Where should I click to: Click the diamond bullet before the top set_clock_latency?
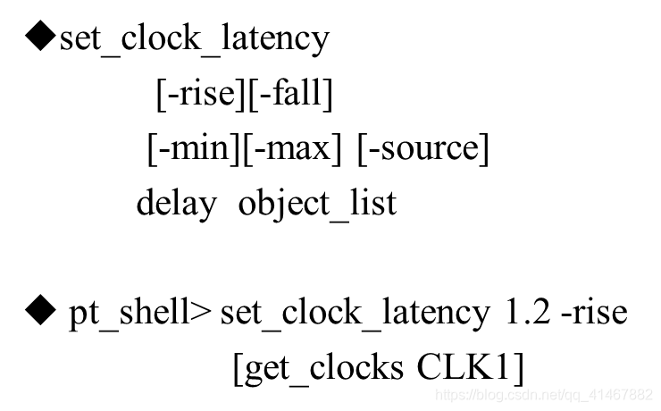tap(41, 38)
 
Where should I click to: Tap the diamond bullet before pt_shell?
tap(41, 313)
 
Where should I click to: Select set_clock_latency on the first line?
tap(194, 38)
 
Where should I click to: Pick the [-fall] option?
tap(289, 94)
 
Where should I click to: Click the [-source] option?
tap(423, 148)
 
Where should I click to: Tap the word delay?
tap(176, 204)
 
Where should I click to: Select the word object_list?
tap(317, 204)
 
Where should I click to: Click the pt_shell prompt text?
tap(129, 314)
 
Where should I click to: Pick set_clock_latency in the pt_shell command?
tap(355, 314)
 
